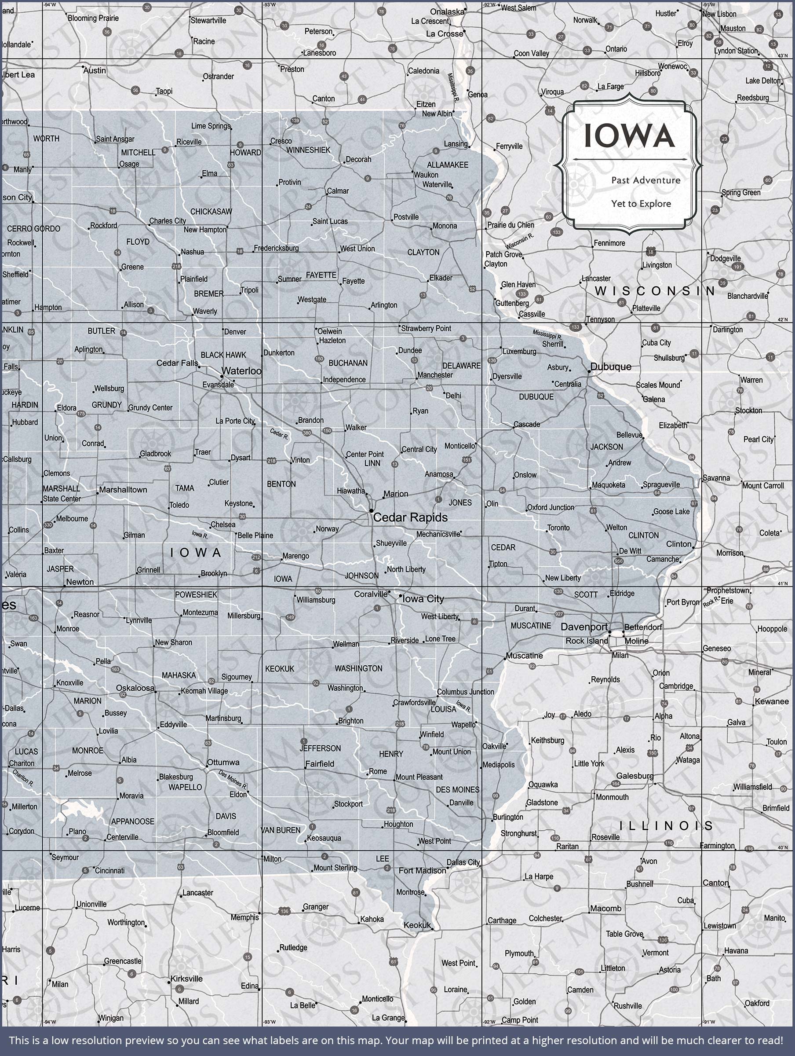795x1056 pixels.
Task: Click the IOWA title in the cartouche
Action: click(629, 136)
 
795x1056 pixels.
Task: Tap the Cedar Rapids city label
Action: click(410, 517)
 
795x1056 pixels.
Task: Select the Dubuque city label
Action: click(611, 367)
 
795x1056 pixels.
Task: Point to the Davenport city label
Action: click(584, 627)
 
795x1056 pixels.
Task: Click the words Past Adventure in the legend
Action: click(645, 180)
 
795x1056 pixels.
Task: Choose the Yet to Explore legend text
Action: click(641, 204)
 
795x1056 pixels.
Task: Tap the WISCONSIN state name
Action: click(655, 291)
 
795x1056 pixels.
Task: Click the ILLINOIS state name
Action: click(666, 825)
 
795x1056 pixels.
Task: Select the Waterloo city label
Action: click(241, 371)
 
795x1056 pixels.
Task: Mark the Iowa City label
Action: click(423, 599)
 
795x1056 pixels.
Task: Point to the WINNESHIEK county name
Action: click(308, 150)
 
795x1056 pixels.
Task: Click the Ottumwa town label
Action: click(223, 762)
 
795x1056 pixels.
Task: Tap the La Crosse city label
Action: click(444, 34)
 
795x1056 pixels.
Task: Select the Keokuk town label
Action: click(417, 925)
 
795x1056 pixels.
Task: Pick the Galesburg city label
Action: click(635, 776)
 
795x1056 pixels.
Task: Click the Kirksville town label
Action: click(186, 979)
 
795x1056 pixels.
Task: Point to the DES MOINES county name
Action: click(457, 790)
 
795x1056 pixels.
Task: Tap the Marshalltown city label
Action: click(123, 490)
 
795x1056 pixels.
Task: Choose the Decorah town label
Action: click(358, 159)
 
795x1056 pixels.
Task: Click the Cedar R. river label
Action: click(279, 434)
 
